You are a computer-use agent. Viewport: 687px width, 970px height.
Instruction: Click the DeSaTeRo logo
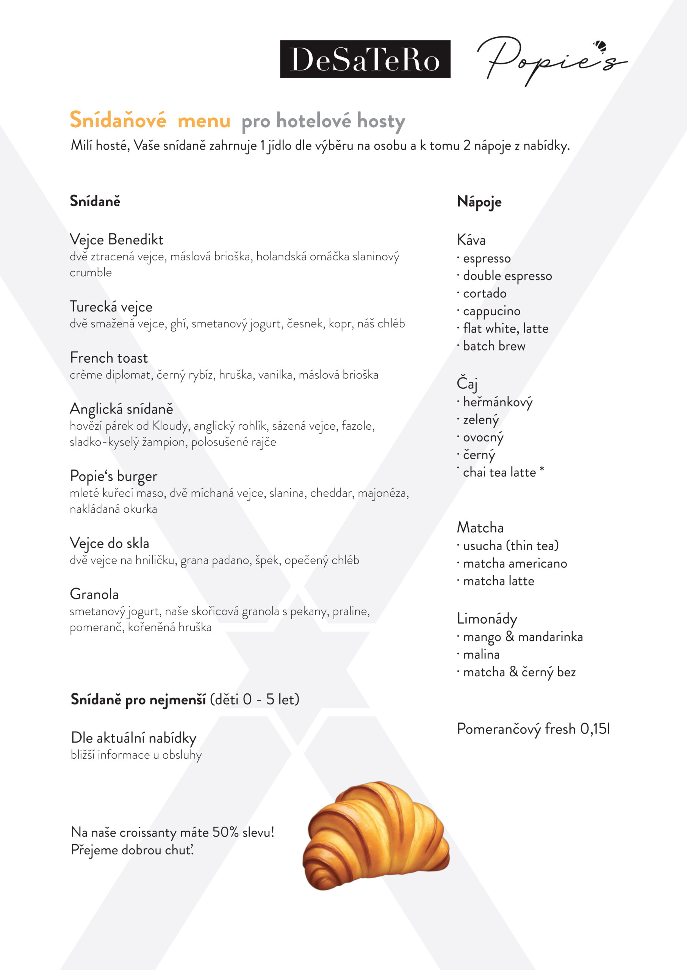365,59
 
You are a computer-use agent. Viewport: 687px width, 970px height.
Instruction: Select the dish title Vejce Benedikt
116,239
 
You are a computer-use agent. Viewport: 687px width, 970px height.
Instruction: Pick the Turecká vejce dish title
111,307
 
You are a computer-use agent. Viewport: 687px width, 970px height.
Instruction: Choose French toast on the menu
109,358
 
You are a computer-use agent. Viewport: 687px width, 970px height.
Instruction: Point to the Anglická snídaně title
121,408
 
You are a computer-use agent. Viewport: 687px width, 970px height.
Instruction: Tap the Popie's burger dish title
113,476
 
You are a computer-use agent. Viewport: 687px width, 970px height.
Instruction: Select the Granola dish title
94,594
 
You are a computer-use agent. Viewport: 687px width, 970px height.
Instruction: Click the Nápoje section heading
479,202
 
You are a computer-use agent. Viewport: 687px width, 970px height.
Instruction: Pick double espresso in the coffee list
507,276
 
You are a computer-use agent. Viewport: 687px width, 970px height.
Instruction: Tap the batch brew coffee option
494,346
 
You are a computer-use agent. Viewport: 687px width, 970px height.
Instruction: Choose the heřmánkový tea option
498,402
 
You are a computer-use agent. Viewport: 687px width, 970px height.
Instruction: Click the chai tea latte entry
499,472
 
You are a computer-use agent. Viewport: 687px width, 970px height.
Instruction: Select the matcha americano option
515,563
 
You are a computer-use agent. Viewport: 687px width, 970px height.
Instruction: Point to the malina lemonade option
481,654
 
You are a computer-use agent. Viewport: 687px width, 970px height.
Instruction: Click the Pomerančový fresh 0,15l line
533,729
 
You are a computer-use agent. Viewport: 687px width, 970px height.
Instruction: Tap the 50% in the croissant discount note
225,832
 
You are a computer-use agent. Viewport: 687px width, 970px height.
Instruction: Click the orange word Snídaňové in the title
117,120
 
